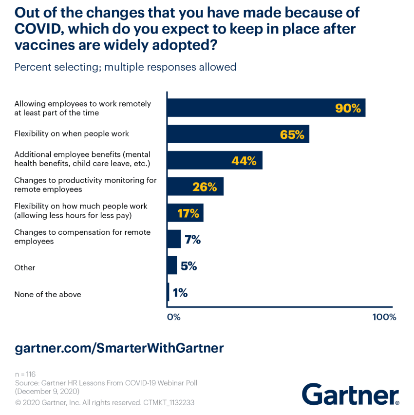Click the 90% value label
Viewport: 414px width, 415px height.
coord(348,108)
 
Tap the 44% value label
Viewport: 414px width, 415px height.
coord(244,161)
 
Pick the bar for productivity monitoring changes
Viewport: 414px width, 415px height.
coord(195,187)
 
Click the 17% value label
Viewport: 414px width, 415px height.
coord(188,213)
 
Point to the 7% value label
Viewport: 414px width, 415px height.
coord(192,240)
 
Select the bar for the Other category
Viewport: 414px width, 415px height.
coord(172,265)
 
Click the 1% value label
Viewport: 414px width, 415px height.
coord(180,292)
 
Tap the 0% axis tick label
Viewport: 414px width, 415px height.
coord(174,317)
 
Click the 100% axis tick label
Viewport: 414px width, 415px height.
coord(384,317)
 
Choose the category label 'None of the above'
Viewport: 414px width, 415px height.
coord(48,294)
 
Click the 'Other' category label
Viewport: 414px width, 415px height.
coord(25,267)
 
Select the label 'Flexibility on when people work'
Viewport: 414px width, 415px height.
coord(72,133)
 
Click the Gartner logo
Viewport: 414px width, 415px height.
coord(350,394)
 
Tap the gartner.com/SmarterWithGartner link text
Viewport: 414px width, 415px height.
coord(119,348)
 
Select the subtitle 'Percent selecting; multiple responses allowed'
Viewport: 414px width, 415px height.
coord(125,67)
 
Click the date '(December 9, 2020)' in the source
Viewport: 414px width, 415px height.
coord(48,392)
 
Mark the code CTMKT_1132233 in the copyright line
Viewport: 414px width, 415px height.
coord(169,403)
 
